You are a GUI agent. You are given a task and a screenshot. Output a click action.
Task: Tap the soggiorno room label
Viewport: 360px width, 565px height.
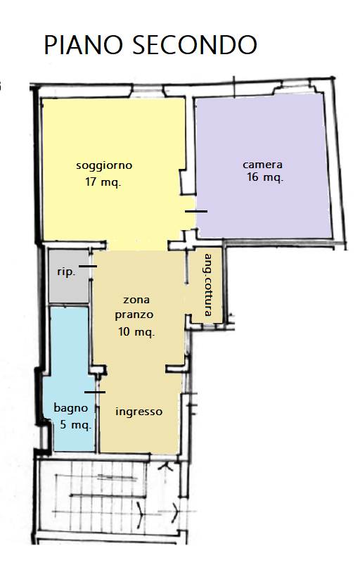[104, 166]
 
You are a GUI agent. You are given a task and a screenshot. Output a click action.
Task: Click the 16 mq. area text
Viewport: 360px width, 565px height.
[265, 178]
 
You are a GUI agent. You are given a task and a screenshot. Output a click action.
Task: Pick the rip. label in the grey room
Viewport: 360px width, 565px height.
[66, 272]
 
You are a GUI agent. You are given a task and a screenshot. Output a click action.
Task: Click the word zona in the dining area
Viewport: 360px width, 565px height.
[136, 300]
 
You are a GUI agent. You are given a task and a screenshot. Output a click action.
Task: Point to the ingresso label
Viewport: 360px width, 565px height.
[139, 412]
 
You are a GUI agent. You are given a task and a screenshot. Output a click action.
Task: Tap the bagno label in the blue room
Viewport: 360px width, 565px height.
[71, 408]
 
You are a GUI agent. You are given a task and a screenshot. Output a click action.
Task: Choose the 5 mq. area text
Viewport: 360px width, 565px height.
[75, 425]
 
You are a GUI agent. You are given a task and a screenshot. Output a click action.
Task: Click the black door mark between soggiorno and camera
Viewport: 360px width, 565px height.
[196, 211]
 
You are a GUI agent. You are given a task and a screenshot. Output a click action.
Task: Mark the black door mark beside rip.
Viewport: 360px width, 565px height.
[88, 267]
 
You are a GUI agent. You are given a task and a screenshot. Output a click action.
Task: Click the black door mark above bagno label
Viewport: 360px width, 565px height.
[94, 392]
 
